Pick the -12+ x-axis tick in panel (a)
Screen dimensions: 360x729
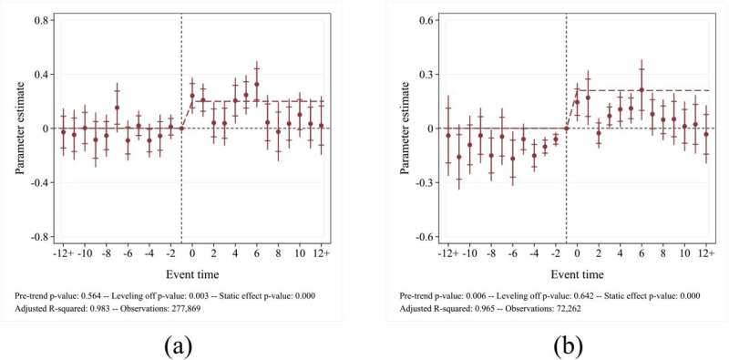pos(63,252)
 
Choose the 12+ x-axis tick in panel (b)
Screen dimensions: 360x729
pos(706,252)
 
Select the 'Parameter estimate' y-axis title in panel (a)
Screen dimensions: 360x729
pos(18,129)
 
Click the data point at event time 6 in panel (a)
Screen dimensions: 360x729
pos(257,84)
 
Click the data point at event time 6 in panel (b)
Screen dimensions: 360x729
pos(642,89)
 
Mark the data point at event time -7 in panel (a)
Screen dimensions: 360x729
pos(117,108)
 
